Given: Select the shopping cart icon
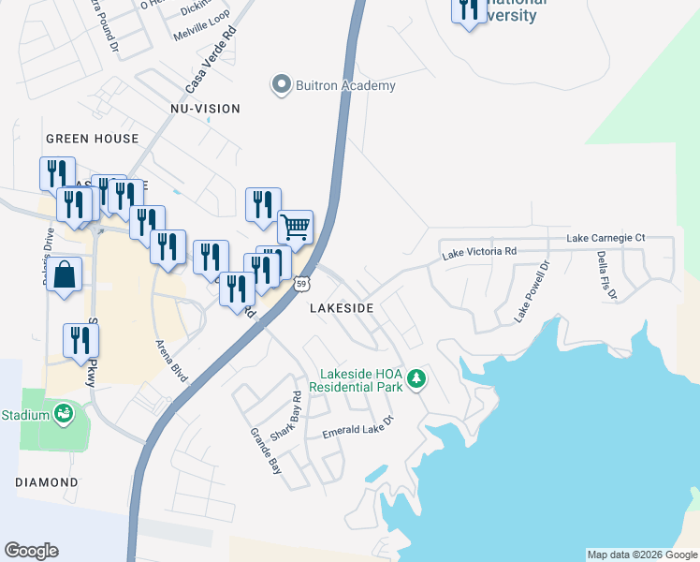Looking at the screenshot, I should pyautogui.click(x=295, y=226).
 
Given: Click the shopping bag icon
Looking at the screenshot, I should pyautogui.click(x=64, y=274).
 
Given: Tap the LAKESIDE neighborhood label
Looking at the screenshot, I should pyautogui.click(x=342, y=307).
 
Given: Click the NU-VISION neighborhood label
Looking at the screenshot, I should pyautogui.click(x=205, y=109).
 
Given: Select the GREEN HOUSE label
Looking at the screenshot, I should pyautogui.click(x=92, y=139).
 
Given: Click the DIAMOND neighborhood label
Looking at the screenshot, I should pyautogui.click(x=47, y=481).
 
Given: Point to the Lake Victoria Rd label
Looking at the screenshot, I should pyautogui.click(x=479, y=252).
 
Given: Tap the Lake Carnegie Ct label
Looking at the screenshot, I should pyautogui.click(x=605, y=239).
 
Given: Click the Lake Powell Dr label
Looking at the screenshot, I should pyautogui.click(x=532, y=294).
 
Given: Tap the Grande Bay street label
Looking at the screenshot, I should pyautogui.click(x=265, y=451).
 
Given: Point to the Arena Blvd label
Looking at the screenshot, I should pyautogui.click(x=172, y=360).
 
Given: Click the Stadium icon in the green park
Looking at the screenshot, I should pyautogui.click(x=64, y=413).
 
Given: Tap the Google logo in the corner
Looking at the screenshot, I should pyautogui.click(x=31, y=551).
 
